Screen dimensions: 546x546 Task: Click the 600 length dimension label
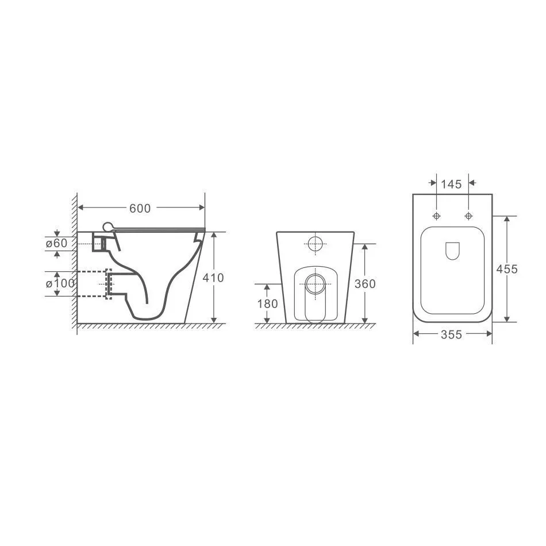(140, 208)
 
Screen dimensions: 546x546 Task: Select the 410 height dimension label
(213, 278)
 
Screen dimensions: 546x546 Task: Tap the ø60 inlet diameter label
(56, 243)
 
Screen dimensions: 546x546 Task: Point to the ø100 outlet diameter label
(60, 283)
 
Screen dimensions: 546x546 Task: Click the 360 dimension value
(365, 284)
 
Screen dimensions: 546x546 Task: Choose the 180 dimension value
(267, 303)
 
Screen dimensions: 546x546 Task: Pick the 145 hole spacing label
(451, 184)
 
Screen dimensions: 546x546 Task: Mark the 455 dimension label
(507, 269)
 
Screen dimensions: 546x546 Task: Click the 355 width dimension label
(451, 334)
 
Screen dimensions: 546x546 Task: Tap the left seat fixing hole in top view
(436, 216)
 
